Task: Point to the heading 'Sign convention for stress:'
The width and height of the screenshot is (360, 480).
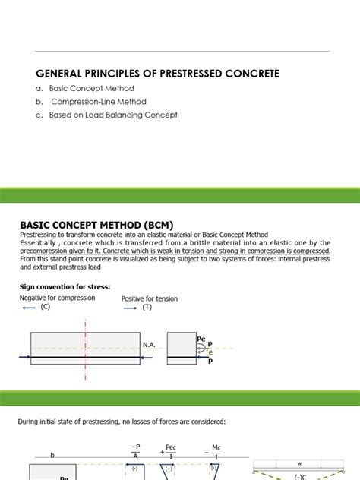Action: [65, 286]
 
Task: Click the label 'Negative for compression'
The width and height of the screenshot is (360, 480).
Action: [58, 298]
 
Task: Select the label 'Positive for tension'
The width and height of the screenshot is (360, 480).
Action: [150, 298]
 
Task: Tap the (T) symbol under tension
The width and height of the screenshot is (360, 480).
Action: [147, 308]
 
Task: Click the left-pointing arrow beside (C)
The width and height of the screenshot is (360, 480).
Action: [28, 308]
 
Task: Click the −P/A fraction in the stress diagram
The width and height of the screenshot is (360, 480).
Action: [135, 452]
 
